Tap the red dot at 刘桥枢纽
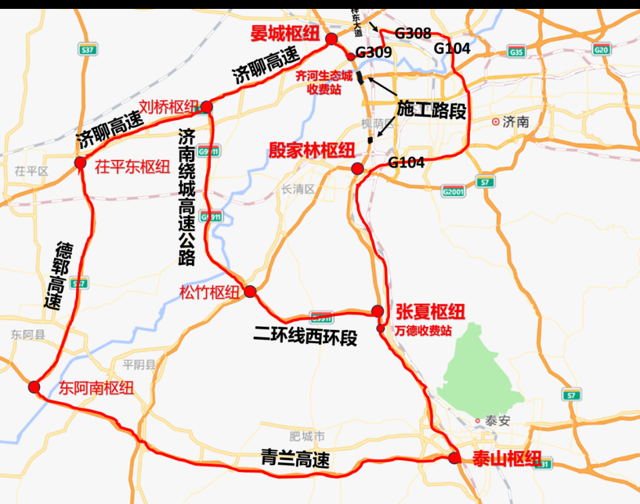pos(206,107)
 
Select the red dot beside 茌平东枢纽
pos(81,163)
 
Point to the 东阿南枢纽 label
pos(96,389)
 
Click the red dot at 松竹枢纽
pos(250,291)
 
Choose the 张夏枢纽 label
pos(430,312)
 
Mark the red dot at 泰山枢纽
pos(454,458)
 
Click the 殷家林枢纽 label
pos(312,150)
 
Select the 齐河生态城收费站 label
pos(324,83)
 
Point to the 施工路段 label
pos(431,110)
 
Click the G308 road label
pos(413,33)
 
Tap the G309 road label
pos(373,53)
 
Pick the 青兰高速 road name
pos(295,459)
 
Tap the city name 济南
pos(515,123)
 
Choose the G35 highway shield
pos(517,52)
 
